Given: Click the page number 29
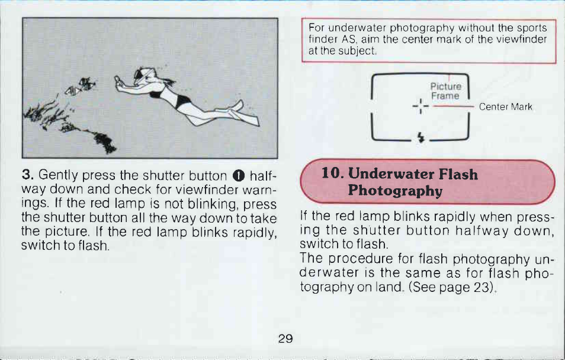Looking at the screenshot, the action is coord(285,338).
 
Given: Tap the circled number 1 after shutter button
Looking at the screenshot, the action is coord(239,176).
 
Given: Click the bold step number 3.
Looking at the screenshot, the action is coord(27,175).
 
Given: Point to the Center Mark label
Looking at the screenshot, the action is coord(505,107).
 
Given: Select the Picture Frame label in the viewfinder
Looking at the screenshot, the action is coord(446,91).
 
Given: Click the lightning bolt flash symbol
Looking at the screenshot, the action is coord(420,137).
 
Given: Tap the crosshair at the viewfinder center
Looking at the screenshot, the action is coord(420,107).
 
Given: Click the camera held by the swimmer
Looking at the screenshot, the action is coord(118,82).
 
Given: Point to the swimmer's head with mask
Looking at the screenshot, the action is coord(143,75).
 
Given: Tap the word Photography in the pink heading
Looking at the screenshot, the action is coord(395,191).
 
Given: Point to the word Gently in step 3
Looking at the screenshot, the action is coord(58,175).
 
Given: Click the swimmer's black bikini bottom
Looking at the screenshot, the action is coord(183,101).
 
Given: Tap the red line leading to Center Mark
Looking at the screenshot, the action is coord(453,107).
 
